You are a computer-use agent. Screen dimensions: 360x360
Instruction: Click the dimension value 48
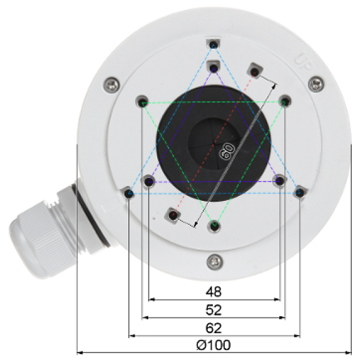(x=213, y=292)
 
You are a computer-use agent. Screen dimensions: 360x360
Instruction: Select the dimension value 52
(x=213, y=310)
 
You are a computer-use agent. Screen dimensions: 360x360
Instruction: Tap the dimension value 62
(x=213, y=328)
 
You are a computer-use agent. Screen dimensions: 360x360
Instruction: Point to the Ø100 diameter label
(x=213, y=345)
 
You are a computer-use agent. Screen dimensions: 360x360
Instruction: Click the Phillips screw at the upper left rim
(x=112, y=85)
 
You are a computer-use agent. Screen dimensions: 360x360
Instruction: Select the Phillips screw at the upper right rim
(x=316, y=85)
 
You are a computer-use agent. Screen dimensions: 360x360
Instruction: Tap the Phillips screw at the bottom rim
(x=215, y=262)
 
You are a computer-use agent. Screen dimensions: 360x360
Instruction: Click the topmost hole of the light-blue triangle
(x=213, y=44)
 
